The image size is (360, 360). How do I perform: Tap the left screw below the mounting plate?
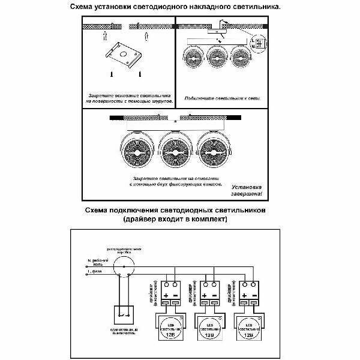point(112,74)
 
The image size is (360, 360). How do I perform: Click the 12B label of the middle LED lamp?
point(208,337)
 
